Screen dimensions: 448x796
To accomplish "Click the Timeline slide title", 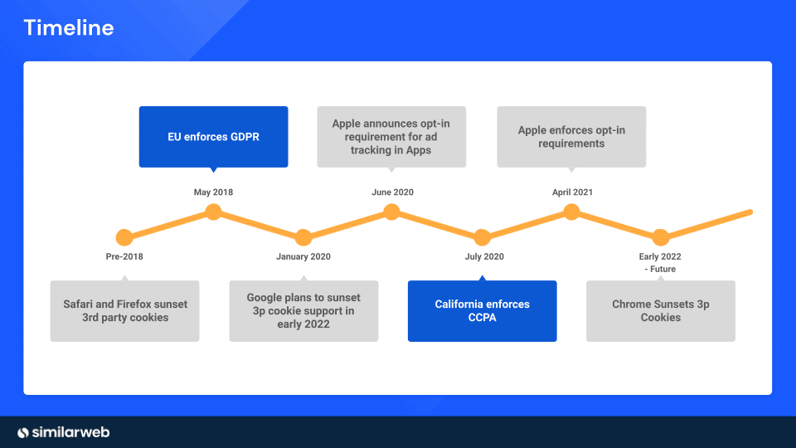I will click(69, 28).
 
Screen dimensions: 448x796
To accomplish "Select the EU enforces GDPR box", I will click(213, 137).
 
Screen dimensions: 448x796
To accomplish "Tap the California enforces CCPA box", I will click(482, 311).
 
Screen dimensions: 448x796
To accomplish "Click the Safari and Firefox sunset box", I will click(125, 311).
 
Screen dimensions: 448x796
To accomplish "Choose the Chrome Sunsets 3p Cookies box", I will click(660, 311).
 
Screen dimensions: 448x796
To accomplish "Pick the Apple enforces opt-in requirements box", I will click(571, 137).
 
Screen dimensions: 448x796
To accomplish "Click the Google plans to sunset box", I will click(303, 311).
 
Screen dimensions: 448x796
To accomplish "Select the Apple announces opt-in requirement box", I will click(391, 137).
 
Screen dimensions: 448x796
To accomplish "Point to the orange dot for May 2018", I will click(213, 212).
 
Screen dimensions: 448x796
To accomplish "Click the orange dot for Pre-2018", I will click(124, 237).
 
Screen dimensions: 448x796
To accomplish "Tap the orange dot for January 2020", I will click(303, 237).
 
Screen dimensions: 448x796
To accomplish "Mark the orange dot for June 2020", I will click(392, 212).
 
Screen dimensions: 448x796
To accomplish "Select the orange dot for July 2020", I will click(482, 237).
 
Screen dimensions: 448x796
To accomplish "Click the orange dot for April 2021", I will click(571, 212).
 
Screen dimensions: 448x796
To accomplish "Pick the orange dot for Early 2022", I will click(660, 237).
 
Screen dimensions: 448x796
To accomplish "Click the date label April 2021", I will click(572, 192).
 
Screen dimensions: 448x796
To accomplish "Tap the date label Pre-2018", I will click(124, 256).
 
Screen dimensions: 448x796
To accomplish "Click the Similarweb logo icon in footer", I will click(24, 432).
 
